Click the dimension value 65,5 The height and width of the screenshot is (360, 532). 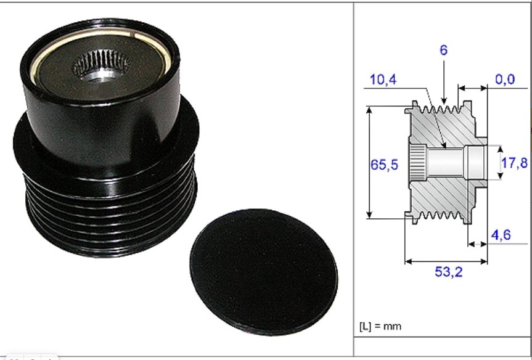point(384,165)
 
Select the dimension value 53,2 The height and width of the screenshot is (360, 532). point(449,272)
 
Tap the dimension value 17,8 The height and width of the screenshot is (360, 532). point(514,163)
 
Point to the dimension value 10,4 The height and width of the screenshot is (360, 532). point(383,80)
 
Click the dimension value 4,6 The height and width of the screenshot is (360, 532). point(501,235)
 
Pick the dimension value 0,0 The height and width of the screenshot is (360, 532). point(505,80)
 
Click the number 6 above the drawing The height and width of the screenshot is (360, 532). point(443,50)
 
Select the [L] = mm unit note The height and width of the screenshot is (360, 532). point(380,327)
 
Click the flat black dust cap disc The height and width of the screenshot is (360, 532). point(264,272)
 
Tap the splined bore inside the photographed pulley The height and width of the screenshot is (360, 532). point(102,65)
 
